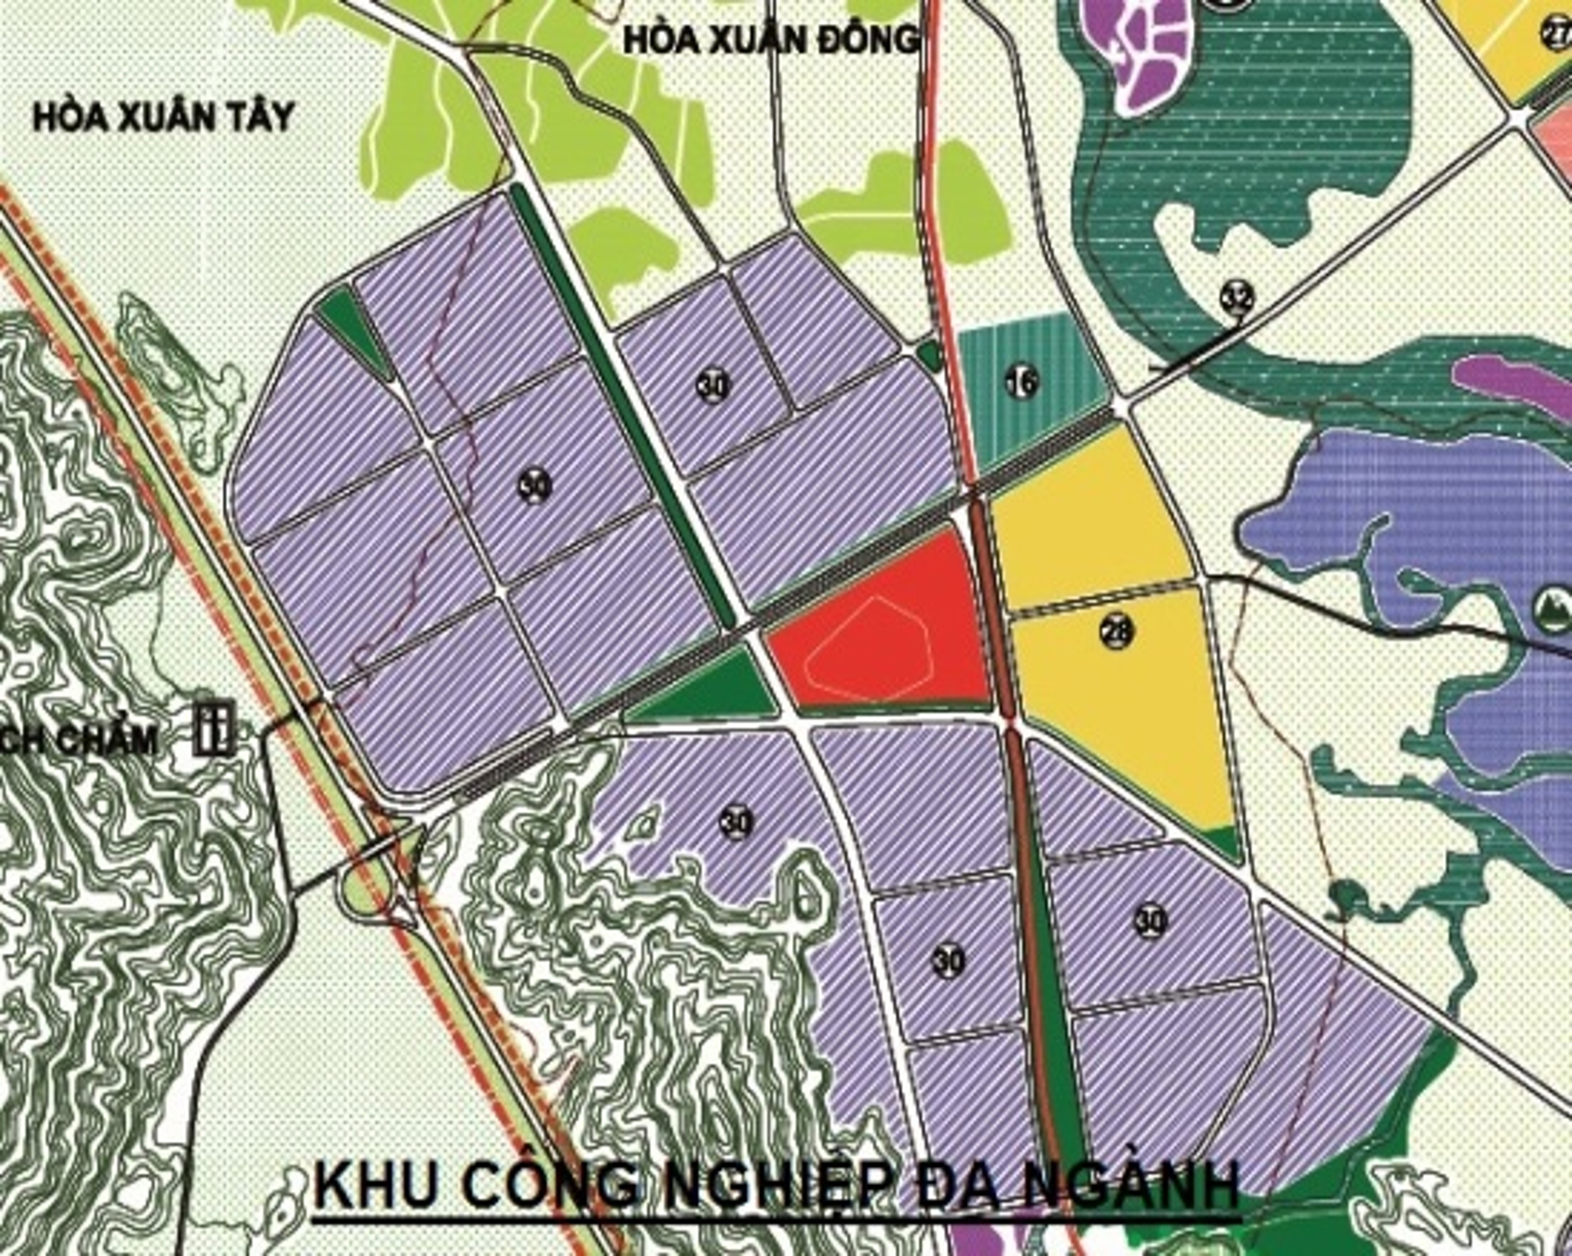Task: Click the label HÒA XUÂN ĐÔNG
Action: (771, 41)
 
